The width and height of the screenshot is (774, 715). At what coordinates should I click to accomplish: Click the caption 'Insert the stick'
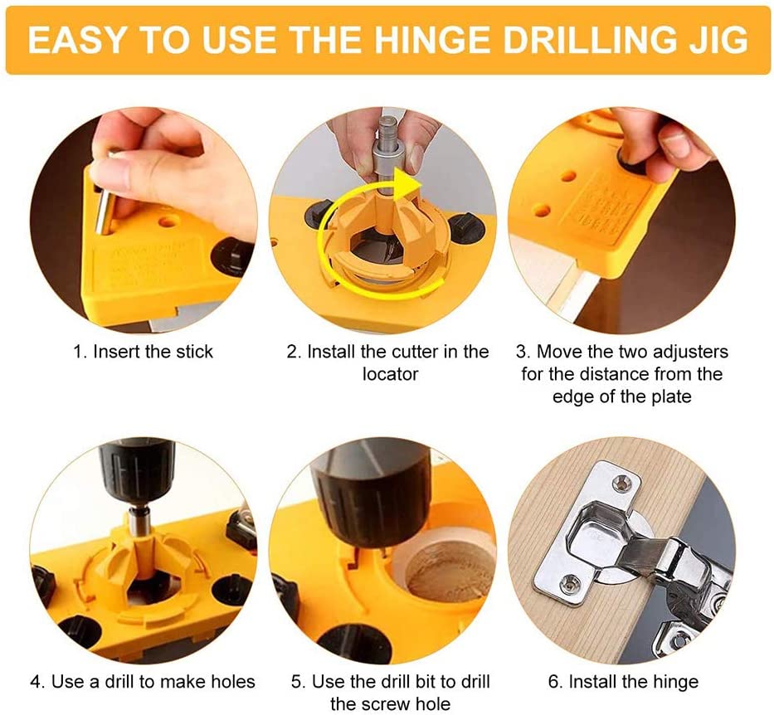click(153, 352)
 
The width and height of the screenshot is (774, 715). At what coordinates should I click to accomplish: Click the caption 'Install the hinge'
click(634, 683)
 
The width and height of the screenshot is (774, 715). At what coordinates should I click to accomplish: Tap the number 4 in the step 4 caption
click(36, 683)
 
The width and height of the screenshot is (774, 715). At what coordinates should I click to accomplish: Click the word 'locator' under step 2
click(390, 374)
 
